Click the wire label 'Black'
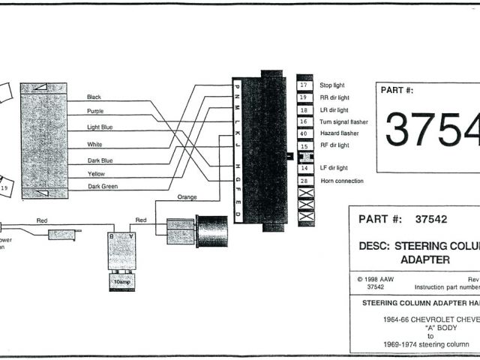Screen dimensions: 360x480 coord(94,97)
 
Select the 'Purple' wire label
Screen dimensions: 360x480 coord(95,112)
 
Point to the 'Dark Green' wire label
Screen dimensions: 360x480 coord(103,186)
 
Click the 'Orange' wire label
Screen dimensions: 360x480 coord(187,197)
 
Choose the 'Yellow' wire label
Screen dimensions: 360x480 coord(96,174)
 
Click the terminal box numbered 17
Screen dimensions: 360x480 coord(304,85)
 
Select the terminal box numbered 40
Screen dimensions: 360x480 coord(304,133)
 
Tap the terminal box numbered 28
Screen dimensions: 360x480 coord(304,181)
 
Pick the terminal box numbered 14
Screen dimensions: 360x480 coord(304,169)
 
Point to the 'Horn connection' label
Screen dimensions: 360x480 coord(341,181)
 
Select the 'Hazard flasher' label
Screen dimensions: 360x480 coord(339,133)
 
